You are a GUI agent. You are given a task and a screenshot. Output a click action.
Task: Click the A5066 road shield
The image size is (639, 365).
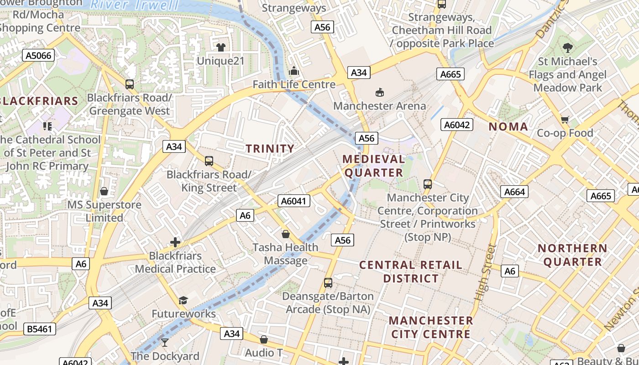[39, 56]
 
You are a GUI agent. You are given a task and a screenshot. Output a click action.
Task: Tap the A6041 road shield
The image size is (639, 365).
[294, 201]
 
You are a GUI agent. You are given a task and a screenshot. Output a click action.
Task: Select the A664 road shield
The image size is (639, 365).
[514, 192]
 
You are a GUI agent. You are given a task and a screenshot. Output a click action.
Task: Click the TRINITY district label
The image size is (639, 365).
[270, 148]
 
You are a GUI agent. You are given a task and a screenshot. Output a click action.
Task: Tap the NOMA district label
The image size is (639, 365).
[508, 127]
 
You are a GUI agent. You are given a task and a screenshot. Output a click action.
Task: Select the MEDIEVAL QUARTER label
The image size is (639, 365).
[374, 166]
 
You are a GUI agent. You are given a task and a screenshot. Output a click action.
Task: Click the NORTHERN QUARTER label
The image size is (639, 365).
[572, 255]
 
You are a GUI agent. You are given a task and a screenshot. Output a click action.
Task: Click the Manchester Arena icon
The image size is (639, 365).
[379, 93]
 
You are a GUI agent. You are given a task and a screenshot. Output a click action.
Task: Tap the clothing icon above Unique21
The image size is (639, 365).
[221, 47]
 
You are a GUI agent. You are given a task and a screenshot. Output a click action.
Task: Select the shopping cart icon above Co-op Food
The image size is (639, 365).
[565, 120]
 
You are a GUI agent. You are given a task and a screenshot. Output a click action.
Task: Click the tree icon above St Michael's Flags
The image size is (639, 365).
[567, 47]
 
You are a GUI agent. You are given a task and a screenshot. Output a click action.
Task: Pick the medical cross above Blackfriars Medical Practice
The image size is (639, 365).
[175, 242]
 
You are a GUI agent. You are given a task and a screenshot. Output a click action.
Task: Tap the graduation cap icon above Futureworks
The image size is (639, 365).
[183, 300]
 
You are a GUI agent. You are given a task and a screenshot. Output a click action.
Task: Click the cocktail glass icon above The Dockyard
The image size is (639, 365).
[165, 342]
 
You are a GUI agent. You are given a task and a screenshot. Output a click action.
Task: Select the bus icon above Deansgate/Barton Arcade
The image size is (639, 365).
[328, 283]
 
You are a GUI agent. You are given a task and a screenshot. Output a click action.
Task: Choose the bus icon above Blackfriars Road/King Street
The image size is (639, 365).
[209, 161]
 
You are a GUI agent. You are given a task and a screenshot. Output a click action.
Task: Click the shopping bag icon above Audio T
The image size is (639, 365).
[263, 339]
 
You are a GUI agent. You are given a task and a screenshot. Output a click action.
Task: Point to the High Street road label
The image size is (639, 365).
[485, 272]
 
